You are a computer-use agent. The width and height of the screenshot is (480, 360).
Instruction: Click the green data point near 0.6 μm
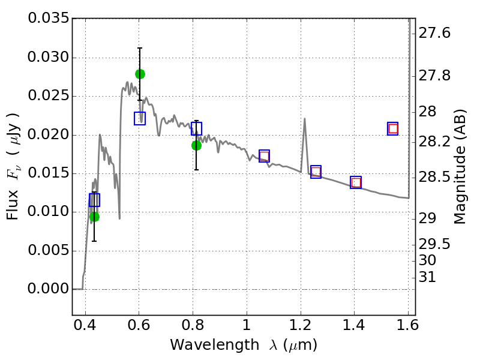coord(140,74)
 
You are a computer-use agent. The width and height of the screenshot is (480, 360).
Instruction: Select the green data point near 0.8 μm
coord(196,145)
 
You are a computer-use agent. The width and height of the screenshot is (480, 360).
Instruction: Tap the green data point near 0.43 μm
coord(94,217)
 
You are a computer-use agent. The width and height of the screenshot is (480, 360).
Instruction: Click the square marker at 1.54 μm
coord(393,128)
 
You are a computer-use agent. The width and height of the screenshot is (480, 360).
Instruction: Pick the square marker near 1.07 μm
coord(264,156)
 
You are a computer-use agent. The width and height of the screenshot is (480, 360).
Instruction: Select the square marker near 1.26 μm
coord(316,172)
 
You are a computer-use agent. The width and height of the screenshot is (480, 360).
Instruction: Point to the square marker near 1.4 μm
coord(356,182)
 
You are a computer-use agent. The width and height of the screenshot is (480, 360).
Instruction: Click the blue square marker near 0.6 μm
coord(140,118)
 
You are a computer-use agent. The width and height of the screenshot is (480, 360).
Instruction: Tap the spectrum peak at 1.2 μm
coord(305,119)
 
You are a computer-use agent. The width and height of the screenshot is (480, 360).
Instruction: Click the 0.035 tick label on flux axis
coord(49,19)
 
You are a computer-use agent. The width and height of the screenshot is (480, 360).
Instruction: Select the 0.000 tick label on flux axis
coord(49,289)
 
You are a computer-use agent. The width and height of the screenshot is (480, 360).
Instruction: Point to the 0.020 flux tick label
coord(49,135)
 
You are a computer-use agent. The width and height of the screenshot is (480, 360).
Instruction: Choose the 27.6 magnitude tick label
coord(434,34)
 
